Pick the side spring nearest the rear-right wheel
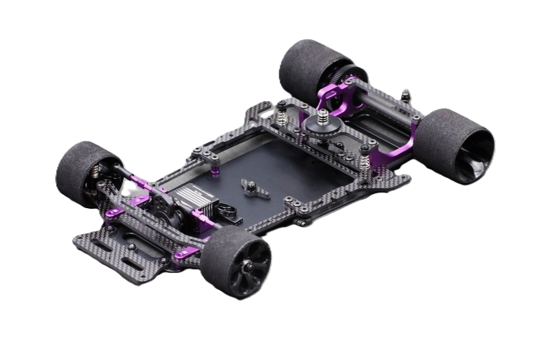[x=364, y=161]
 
